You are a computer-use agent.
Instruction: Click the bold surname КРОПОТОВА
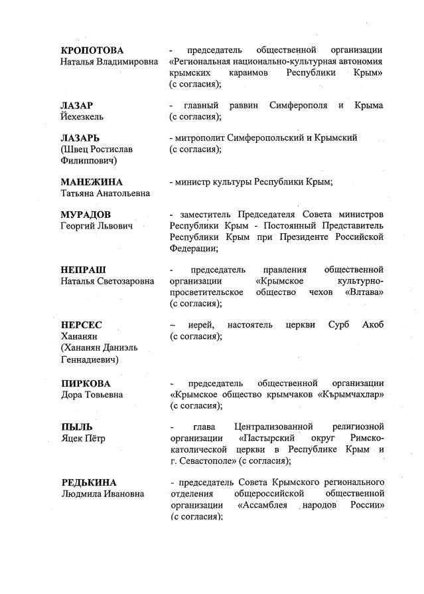coord(92,50)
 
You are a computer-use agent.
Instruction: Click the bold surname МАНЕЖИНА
coord(92,182)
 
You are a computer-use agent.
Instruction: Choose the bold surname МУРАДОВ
coord(86,215)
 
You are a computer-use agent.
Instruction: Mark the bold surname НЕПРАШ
coord(83,270)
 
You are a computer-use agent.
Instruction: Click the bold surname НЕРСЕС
coord(81,325)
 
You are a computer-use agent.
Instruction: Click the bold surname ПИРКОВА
coord(86,383)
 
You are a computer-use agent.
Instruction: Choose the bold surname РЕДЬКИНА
coord(88,482)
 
